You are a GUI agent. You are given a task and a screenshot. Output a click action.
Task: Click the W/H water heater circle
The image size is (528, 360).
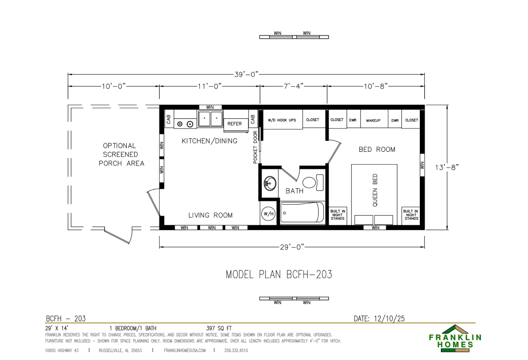(x=268, y=214)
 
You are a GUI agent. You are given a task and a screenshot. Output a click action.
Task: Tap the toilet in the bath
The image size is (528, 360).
(x=313, y=183)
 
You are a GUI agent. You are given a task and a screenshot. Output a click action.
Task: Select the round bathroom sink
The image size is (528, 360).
(x=270, y=184)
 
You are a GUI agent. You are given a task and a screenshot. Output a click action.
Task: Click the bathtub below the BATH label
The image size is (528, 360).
(x=302, y=212)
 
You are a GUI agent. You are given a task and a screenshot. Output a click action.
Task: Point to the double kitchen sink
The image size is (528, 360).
(x=210, y=118)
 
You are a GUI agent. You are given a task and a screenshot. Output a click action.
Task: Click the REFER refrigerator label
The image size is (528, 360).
(x=235, y=124)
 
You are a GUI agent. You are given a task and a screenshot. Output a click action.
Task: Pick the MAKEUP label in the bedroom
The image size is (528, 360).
(x=373, y=121)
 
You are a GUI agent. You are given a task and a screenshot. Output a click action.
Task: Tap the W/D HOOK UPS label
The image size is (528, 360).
(x=282, y=120)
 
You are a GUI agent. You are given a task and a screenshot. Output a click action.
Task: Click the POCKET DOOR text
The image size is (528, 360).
(x=255, y=147)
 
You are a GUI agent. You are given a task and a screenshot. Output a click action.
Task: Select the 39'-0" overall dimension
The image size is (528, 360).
(x=246, y=74)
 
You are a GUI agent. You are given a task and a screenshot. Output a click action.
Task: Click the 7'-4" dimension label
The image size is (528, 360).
(x=293, y=86)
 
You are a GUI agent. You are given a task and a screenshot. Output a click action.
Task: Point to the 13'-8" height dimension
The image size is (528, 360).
(x=447, y=167)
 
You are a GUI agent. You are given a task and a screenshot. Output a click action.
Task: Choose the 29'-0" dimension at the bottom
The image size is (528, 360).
(x=292, y=247)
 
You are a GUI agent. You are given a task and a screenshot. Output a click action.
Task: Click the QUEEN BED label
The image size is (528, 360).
(x=375, y=190)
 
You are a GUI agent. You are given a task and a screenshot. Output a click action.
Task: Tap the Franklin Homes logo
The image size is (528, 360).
(x=455, y=338)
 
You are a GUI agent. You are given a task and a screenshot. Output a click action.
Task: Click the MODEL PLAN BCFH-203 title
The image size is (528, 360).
(x=279, y=275)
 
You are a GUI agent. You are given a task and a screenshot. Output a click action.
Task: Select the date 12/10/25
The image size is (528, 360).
(x=389, y=319)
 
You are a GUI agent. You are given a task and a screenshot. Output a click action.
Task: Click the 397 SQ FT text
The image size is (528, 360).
(x=219, y=328)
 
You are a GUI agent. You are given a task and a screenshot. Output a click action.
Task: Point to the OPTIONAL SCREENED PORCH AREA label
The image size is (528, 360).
(x=121, y=154)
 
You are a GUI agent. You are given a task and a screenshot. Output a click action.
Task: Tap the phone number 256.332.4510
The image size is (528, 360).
(x=236, y=351)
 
